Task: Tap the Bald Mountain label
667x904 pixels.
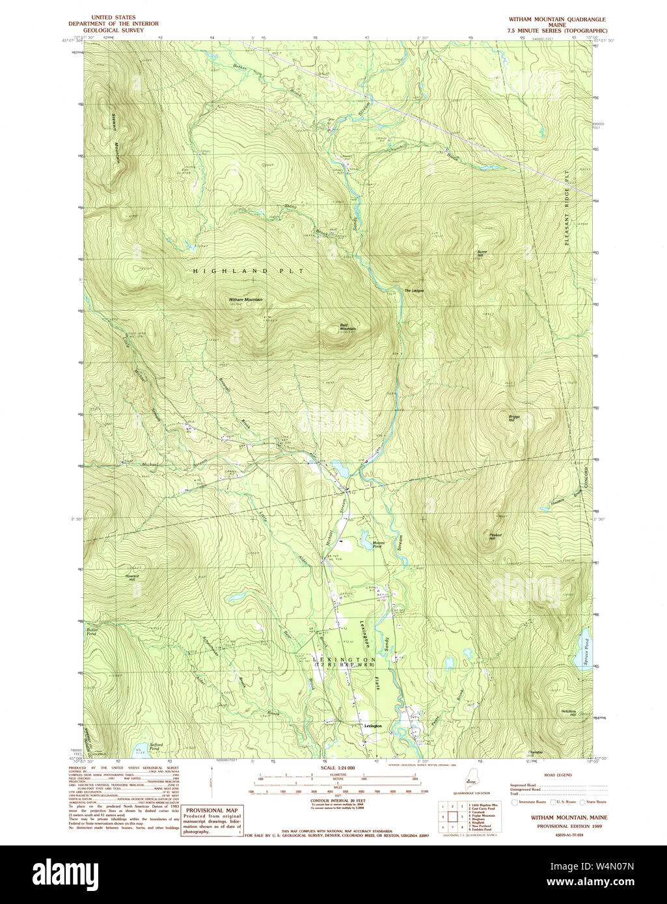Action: pyautogui.click(x=347, y=327)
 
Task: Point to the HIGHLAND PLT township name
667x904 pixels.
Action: pyautogui.click(x=247, y=270)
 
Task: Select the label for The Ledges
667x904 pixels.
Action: pyautogui.click(x=414, y=290)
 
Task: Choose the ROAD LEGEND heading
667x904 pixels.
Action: pyautogui.click(x=558, y=776)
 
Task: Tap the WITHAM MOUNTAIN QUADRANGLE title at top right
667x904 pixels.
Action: pyautogui.click(x=557, y=20)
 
